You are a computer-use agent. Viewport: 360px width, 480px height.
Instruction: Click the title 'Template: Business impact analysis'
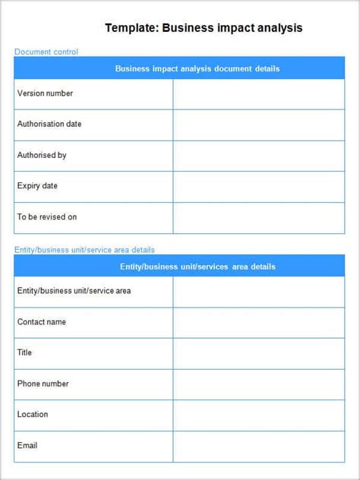tap(204, 28)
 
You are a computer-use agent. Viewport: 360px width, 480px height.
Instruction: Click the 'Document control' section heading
tap(46, 52)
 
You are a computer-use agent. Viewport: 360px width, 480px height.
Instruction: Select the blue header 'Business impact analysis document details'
tap(197, 68)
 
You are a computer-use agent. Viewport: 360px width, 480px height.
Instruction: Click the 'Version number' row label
tap(46, 93)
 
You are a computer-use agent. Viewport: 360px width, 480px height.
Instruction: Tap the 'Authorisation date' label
tap(49, 124)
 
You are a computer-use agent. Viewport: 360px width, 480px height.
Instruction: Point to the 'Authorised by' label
tap(42, 155)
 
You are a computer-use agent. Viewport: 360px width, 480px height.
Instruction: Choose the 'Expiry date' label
tap(37, 186)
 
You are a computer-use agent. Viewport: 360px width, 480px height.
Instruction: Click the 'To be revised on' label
tap(47, 217)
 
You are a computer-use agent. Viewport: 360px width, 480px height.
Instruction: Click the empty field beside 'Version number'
tap(258, 94)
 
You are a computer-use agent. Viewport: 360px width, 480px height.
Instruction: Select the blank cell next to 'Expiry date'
tap(258, 187)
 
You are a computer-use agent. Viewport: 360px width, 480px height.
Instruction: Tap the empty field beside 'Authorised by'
tap(258, 156)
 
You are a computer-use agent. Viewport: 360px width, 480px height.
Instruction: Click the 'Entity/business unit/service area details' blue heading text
tap(84, 250)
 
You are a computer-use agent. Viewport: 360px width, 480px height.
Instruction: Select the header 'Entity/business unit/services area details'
tap(197, 267)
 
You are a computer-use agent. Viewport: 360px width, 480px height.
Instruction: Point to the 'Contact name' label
tap(42, 322)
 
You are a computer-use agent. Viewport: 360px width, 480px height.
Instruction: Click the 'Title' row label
tap(24, 352)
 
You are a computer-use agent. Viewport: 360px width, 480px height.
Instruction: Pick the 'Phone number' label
tap(43, 384)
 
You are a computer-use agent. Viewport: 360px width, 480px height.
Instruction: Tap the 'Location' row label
tap(33, 414)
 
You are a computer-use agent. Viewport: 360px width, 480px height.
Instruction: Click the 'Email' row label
tap(27, 445)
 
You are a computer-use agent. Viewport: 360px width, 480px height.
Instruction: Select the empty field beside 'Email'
tap(258, 446)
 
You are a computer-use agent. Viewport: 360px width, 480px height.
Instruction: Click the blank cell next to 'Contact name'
tap(258, 323)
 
